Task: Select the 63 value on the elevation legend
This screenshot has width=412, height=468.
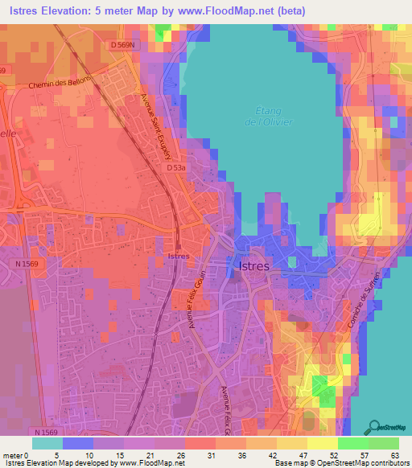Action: [x=393, y=454]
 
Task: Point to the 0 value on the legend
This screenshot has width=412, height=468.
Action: [x=29, y=454]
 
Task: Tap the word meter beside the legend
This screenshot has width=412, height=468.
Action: [x=14, y=454]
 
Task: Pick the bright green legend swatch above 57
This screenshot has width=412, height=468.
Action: [x=353, y=443]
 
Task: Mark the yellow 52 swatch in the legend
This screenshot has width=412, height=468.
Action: [x=323, y=443]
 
